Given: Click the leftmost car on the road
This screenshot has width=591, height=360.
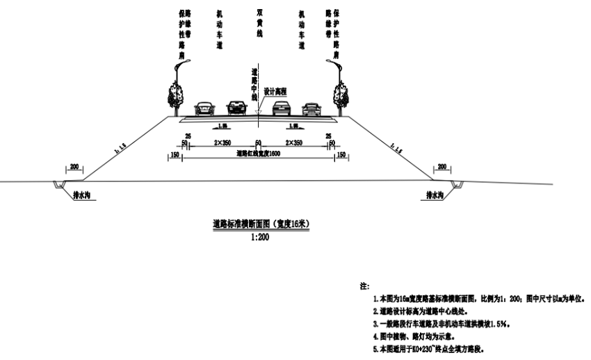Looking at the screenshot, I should pos(204,108).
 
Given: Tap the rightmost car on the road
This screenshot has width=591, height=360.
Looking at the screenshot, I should pos(311,108).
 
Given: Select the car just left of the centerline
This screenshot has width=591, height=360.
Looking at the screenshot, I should pos(236,108).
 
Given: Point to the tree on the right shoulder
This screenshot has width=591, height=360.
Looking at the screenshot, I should pos(341,93).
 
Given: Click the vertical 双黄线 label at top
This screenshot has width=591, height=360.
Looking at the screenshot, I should pos(258,26).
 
